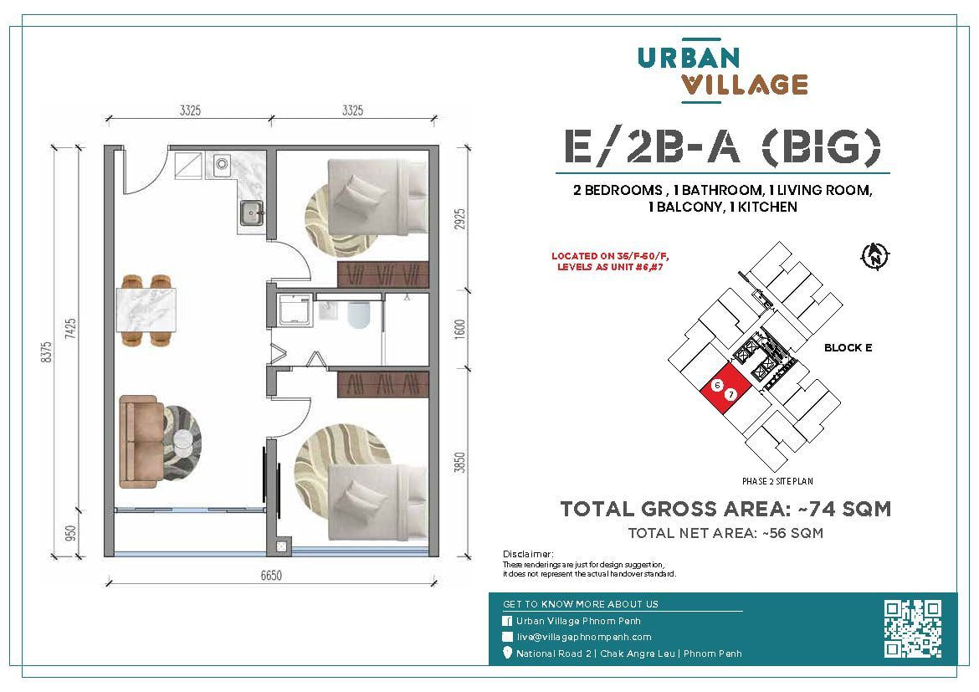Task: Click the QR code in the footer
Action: pyautogui.click(x=913, y=629)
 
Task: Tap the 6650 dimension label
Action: pyautogui.click(x=271, y=575)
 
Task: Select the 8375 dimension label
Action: pyautogui.click(x=47, y=353)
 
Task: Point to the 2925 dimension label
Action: pyautogui.click(x=460, y=220)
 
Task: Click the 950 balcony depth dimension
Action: pyautogui.click(x=70, y=534)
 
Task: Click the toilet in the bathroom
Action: pyautogui.click(x=359, y=315)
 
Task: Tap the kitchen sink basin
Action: pyautogui.click(x=251, y=213)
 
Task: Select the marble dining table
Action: pyautogui.click(x=146, y=310)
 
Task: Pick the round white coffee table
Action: pyautogui.click(x=183, y=442)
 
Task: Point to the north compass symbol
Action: pyautogui.click(x=875, y=255)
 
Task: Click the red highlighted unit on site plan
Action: pyautogui.click(x=725, y=389)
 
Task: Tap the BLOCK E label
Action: pyautogui.click(x=848, y=348)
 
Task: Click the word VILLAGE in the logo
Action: pyautogui.click(x=744, y=85)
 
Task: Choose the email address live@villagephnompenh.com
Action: pyautogui.click(x=584, y=637)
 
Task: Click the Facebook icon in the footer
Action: pyautogui.click(x=507, y=621)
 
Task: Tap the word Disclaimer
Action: pyautogui.click(x=528, y=554)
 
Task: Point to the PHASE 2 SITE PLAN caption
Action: pyautogui.click(x=777, y=481)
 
